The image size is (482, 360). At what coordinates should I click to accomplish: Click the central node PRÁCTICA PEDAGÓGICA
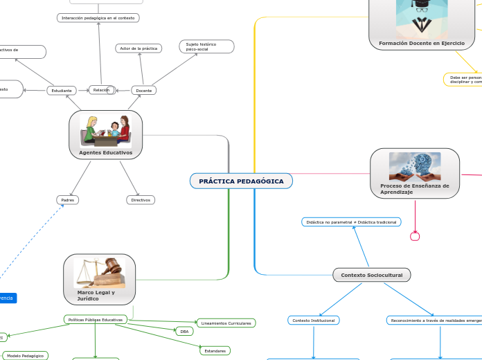point(241,181)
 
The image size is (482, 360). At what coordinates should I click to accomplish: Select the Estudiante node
point(62,91)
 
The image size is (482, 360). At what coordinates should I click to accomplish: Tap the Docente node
point(143,91)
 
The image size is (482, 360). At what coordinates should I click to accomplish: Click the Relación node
point(101,90)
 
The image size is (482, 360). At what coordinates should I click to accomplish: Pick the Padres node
point(67,200)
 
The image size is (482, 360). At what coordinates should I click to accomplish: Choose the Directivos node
point(141,200)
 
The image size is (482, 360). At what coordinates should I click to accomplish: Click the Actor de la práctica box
point(139,48)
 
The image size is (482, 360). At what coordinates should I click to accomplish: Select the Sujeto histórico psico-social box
point(206,46)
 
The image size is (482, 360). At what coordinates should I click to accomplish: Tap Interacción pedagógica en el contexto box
point(98,17)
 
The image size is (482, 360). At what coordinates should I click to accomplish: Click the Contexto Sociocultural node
point(372,275)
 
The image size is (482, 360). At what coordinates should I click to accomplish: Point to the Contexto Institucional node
point(313,321)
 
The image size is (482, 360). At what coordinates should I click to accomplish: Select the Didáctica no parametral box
point(351,222)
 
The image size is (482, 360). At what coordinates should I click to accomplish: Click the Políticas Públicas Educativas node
point(96,320)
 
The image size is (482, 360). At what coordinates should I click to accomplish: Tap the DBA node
point(184,332)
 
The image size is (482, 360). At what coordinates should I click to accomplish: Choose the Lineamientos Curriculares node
point(226,323)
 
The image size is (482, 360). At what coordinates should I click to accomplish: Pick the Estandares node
point(215,351)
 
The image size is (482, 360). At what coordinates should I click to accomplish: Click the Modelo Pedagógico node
point(25,356)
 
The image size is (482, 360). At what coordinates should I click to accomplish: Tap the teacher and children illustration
point(105,130)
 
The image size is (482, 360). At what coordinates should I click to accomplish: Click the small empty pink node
point(415,237)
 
